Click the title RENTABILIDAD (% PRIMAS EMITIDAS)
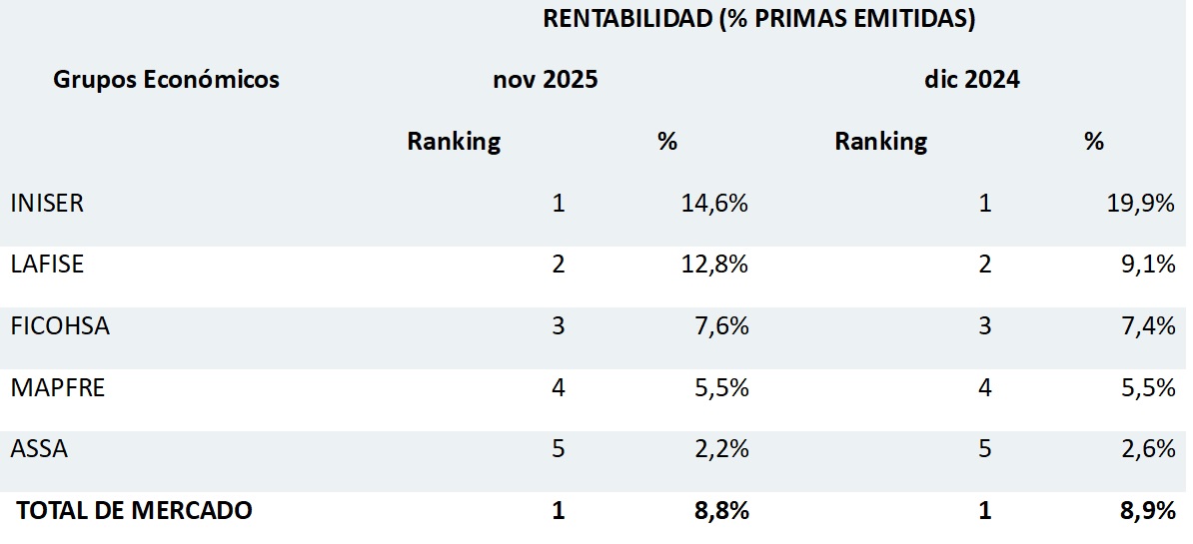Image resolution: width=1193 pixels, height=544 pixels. pos(758,19)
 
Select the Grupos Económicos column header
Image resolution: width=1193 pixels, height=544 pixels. pos(166,80)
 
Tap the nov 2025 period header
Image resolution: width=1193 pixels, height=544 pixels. pos(546,80)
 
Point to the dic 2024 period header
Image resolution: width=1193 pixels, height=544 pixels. pos(971,80)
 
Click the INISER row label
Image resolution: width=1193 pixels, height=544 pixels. pos(47,204)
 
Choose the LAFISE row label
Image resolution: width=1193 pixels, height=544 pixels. pos(47,265)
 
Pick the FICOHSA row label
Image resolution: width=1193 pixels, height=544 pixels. pos(60,326)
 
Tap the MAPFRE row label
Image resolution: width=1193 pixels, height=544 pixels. pos(57,388)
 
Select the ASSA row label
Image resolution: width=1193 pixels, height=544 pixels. pos(39,449)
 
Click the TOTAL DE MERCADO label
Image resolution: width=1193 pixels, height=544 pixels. pos(134,511)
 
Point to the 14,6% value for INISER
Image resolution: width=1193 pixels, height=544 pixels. pos(714,204)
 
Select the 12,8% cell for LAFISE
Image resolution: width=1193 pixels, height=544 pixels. pos(714,265)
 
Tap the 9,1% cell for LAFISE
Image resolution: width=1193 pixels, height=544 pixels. pos(1148,265)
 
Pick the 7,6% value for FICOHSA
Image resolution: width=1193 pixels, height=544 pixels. pos(721,326)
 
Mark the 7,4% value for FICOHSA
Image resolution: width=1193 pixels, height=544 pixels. pos(1148,326)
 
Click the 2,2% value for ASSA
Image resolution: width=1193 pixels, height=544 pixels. pos(721,449)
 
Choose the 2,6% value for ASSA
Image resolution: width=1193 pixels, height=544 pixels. pos(1148,449)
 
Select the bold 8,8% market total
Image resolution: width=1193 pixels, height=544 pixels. pos(721,511)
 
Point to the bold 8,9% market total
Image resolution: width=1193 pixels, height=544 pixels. pos(1148,511)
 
